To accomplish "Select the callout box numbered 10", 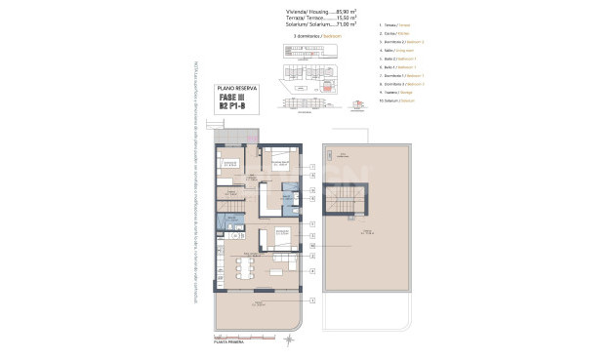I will [312, 247].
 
